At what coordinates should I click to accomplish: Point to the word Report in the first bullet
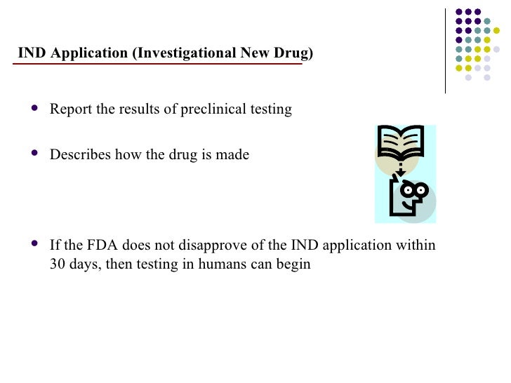click(x=68, y=109)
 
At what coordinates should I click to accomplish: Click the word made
click(x=234, y=154)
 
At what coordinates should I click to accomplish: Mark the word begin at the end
click(x=295, y=266)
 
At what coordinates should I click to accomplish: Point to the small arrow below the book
click(x=400, y=172)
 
